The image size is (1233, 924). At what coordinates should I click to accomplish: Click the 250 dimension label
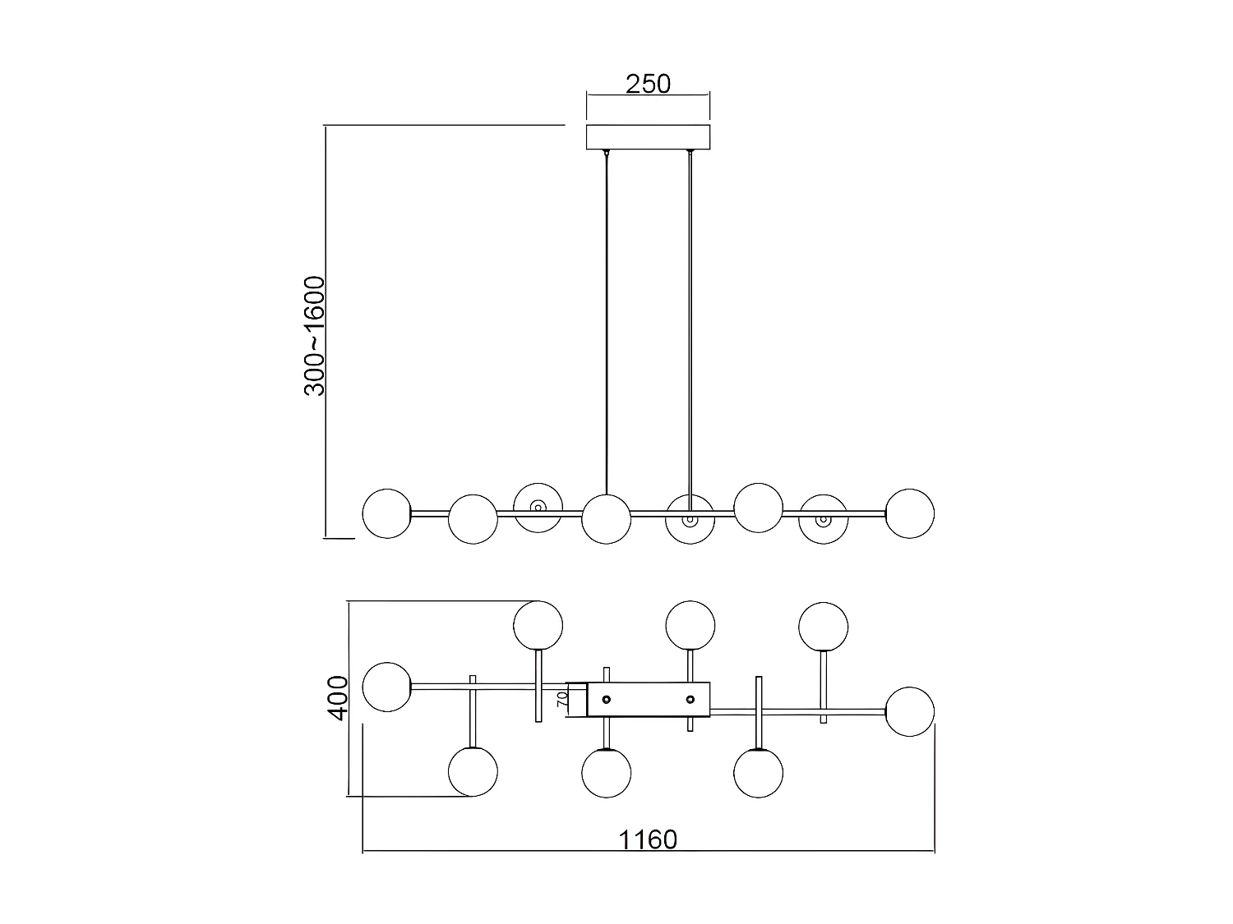(648, 84)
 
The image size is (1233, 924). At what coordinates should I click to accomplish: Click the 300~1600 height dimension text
(316, 336)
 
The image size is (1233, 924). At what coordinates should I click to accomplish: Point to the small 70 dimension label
(563, 699)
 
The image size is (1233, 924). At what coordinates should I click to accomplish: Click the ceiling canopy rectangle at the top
(648, 137)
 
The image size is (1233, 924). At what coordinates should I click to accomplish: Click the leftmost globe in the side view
(386, 513)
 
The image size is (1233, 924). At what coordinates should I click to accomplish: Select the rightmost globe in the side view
(910, 513)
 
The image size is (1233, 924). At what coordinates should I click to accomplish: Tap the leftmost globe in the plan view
(386, 686)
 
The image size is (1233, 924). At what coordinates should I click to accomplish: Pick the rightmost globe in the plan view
(910, 711)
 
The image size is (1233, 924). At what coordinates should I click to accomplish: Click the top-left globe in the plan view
(538, 625)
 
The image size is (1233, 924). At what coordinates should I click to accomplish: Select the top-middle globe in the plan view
(690, 625)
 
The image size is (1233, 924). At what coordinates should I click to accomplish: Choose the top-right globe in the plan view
(823, 626)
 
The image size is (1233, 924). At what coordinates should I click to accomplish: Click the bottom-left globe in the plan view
(473, 771)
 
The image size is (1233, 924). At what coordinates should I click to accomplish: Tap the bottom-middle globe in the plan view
(606, 773)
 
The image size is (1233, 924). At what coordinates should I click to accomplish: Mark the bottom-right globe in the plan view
(758, 773)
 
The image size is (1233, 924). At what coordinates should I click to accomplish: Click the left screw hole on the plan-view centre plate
(607, 700)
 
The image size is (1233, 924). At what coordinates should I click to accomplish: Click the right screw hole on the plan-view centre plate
(690, 700)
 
